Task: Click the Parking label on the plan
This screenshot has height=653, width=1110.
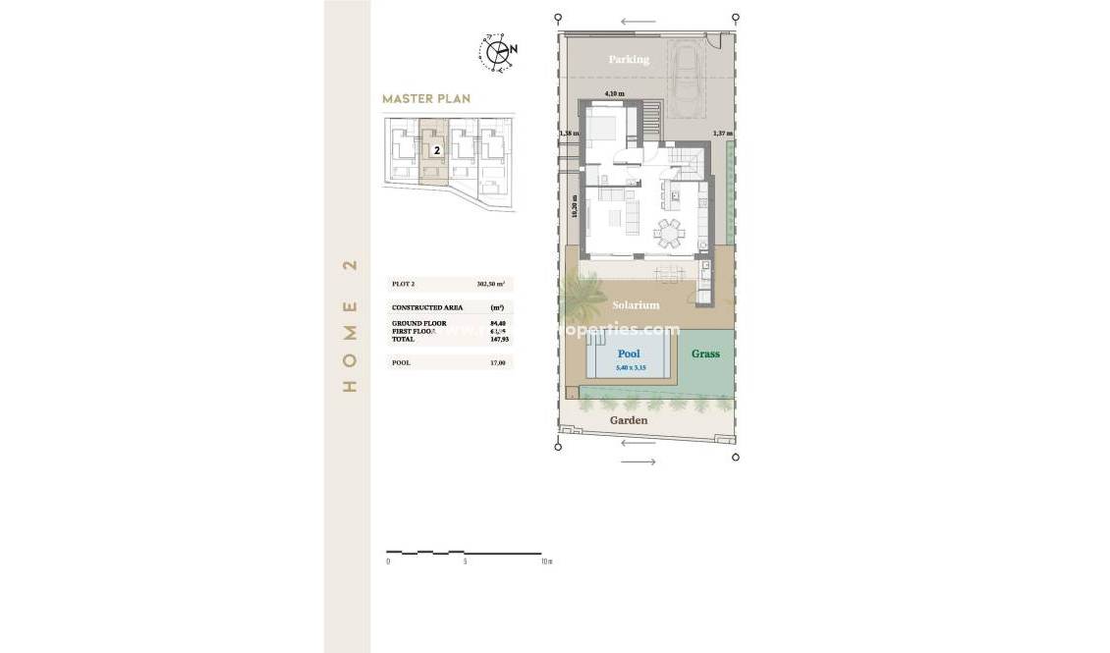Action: tap(629, 60)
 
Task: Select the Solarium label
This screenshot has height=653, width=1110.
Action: tap(637, 305)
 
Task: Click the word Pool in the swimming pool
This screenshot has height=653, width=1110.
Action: tap(629, 354)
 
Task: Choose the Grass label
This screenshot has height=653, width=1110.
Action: tap(705, 354)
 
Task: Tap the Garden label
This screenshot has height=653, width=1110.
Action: tap(629, 420)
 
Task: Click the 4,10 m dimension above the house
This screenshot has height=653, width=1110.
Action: tap(615, 93)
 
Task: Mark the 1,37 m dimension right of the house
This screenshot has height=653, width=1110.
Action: tap(723, 133)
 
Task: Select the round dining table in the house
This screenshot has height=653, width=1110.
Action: tap(670, 234)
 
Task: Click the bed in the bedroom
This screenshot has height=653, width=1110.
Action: tap(603, 128)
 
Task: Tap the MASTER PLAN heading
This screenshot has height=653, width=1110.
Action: tap(426, 99)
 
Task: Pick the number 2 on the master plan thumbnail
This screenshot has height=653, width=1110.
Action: tap(434, 152)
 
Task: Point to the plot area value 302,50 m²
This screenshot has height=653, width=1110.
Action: tap(490, 284)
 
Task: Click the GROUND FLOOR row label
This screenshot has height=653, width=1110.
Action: tap(419, 323)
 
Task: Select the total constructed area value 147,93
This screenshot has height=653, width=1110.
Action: tap(498, 339)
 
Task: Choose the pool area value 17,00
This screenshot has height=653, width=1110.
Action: tap(498, 362)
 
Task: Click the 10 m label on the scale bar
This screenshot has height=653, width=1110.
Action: tap(546, 563)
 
